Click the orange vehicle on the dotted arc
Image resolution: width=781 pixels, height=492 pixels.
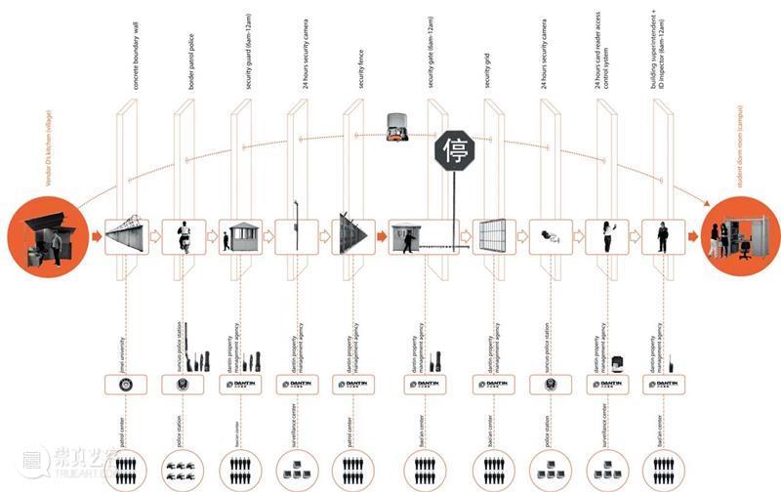click(x=395, y=124)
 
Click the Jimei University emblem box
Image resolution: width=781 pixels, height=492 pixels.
click(x=126, y=385)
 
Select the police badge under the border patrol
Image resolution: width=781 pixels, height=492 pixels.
click(x=183, y=385)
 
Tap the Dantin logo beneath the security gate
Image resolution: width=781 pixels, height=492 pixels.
click(x=424, y=385)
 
